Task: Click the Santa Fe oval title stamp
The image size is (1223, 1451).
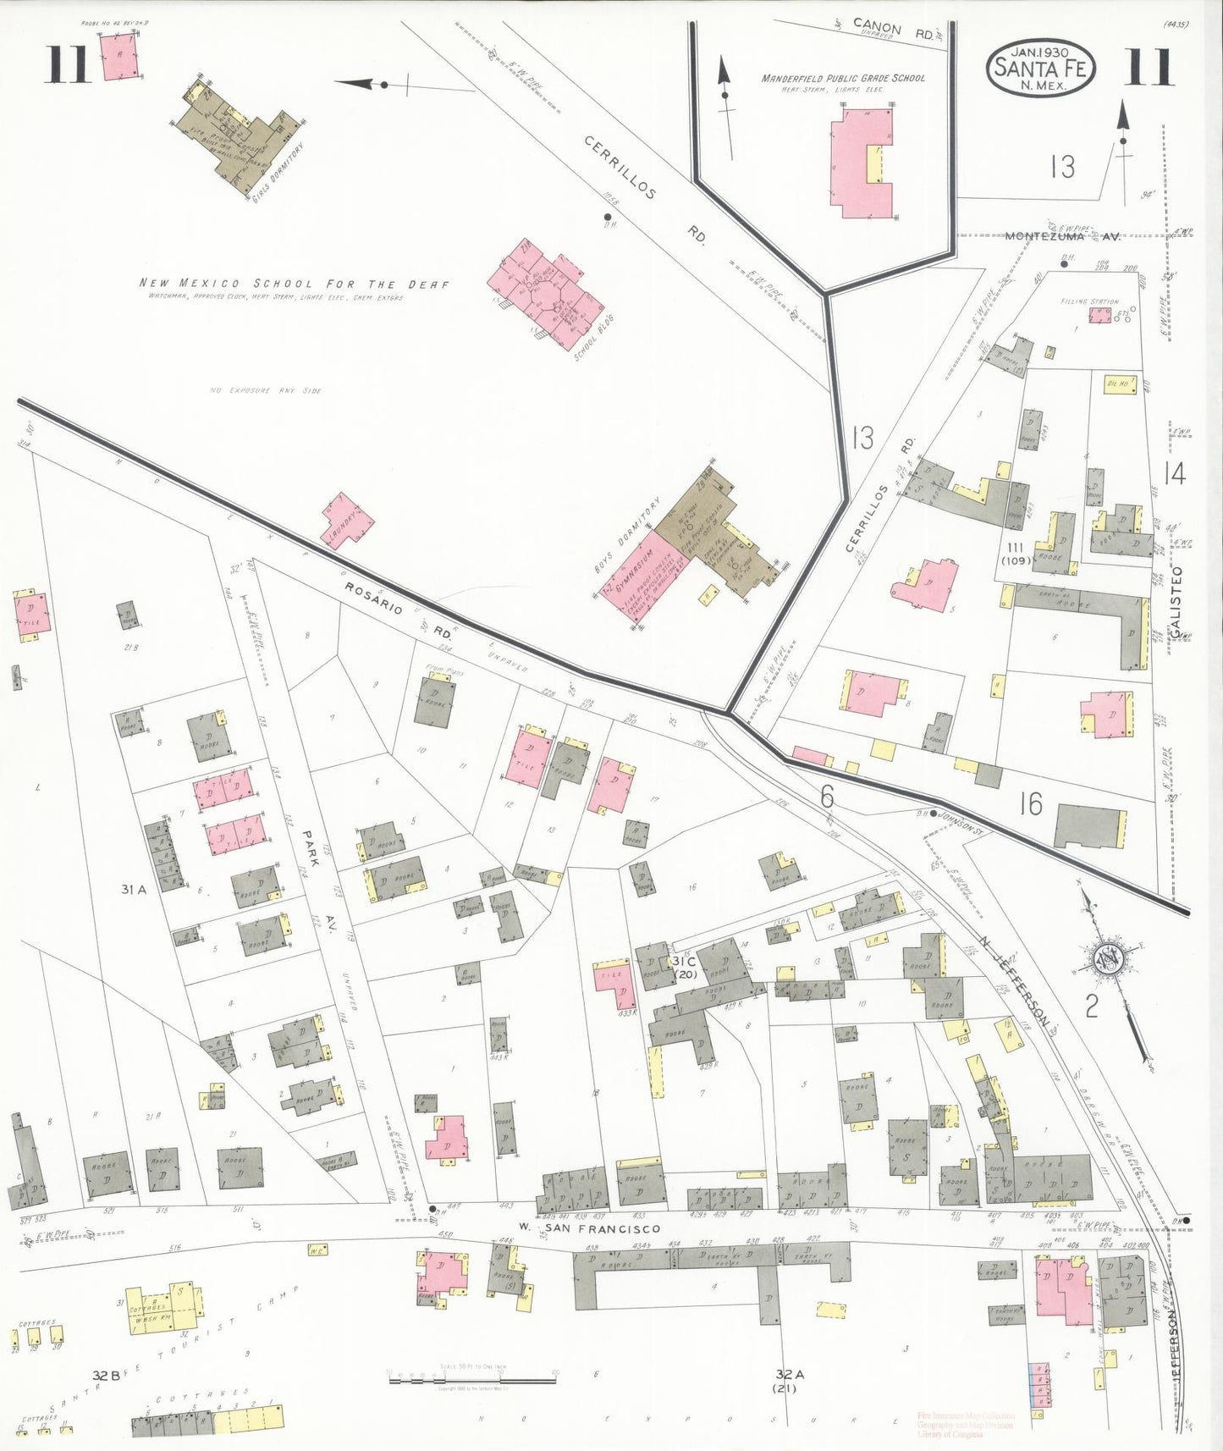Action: coord(1040,67)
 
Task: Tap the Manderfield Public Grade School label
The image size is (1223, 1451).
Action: coord(843,79)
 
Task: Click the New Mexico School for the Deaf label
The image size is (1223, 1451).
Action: coord(294,284)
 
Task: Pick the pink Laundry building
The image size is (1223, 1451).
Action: coord(346,519)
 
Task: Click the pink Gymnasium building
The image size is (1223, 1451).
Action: coord(641,576)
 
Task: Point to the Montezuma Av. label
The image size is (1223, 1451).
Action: coord(1062,236)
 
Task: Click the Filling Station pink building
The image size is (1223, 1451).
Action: coord(1099,316)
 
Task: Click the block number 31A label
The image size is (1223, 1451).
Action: coord(133,889)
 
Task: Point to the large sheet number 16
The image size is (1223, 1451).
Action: coord(1030,803)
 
